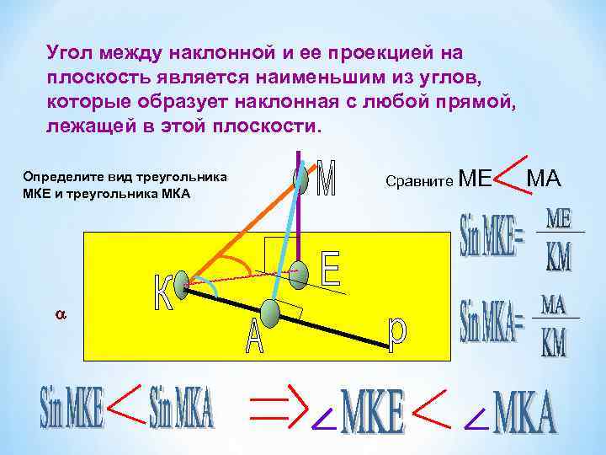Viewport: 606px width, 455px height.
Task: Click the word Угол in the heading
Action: (69, 52)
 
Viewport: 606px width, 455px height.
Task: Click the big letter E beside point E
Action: (331, 269)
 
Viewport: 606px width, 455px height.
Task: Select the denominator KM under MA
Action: (554, 342)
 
